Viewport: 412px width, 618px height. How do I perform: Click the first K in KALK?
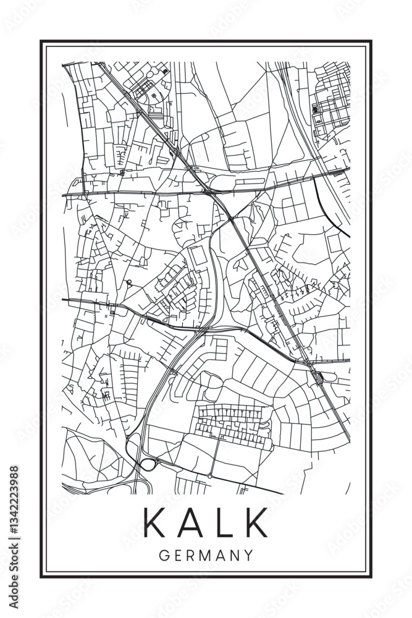155,522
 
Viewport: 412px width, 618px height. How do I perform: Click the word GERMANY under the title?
206,555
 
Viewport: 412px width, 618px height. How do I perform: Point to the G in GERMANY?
164,555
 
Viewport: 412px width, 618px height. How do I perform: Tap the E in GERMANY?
178,555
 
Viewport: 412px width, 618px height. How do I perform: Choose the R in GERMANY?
191,555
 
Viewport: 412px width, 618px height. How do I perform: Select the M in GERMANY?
206,555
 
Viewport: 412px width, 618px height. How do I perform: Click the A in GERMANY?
221,555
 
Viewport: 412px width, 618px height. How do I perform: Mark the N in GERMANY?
234,555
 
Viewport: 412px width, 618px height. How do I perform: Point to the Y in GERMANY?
248,555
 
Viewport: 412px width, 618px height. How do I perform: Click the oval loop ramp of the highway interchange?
148,464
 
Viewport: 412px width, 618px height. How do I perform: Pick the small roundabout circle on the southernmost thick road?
209,476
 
